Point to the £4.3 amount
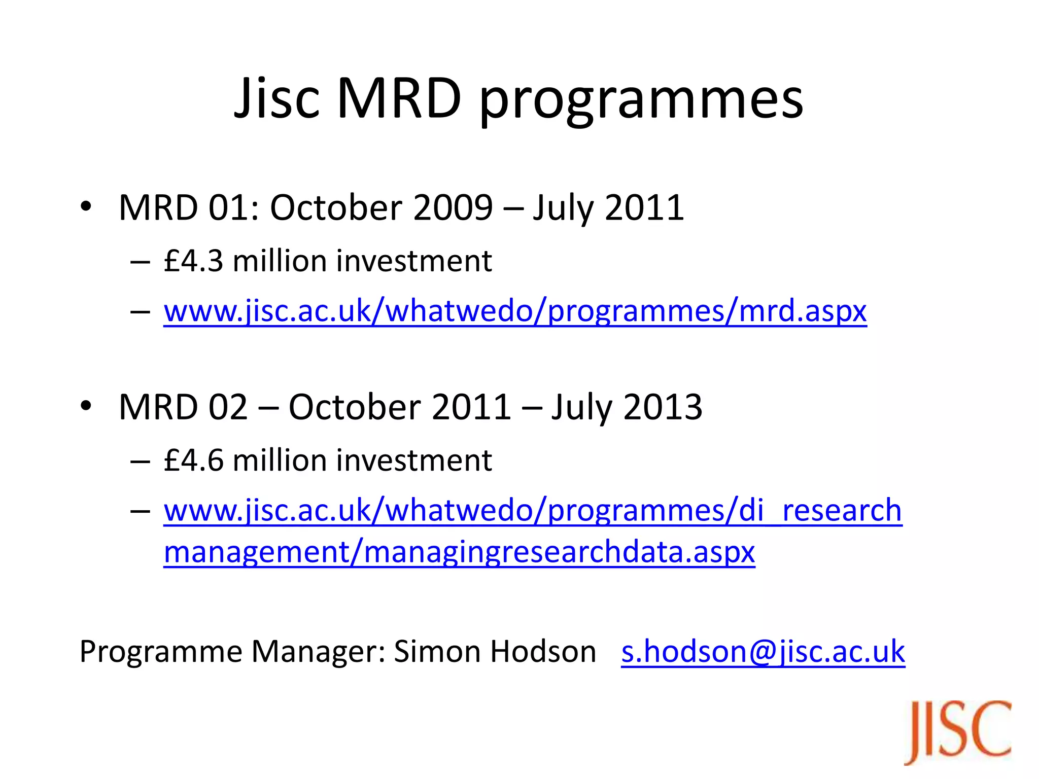tap(193, 261)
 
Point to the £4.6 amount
tap(193, 461)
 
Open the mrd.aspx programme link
tap(515, 310)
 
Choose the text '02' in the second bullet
tap(228, 407)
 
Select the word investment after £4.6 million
tap(414, 461)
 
